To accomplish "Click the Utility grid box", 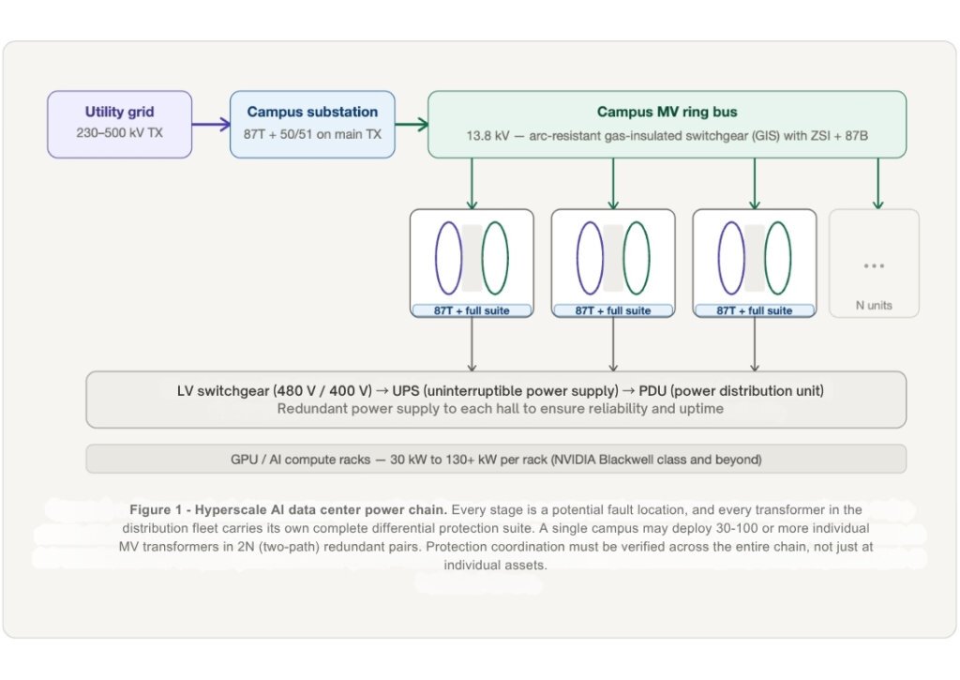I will click(119, 123).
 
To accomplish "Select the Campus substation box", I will click(311, 123).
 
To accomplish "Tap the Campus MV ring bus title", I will click(667, 112).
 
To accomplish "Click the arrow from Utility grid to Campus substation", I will click(211, 124).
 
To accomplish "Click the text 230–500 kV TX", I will click(119, 133).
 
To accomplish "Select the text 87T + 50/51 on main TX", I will click(312, 134).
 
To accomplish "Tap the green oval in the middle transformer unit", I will click(637, 258).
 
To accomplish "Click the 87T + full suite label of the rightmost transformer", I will click(755, 310).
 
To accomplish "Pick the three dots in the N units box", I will click(874, 265).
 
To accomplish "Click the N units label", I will click(874, 305).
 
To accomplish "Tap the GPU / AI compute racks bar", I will click(496, 460).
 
